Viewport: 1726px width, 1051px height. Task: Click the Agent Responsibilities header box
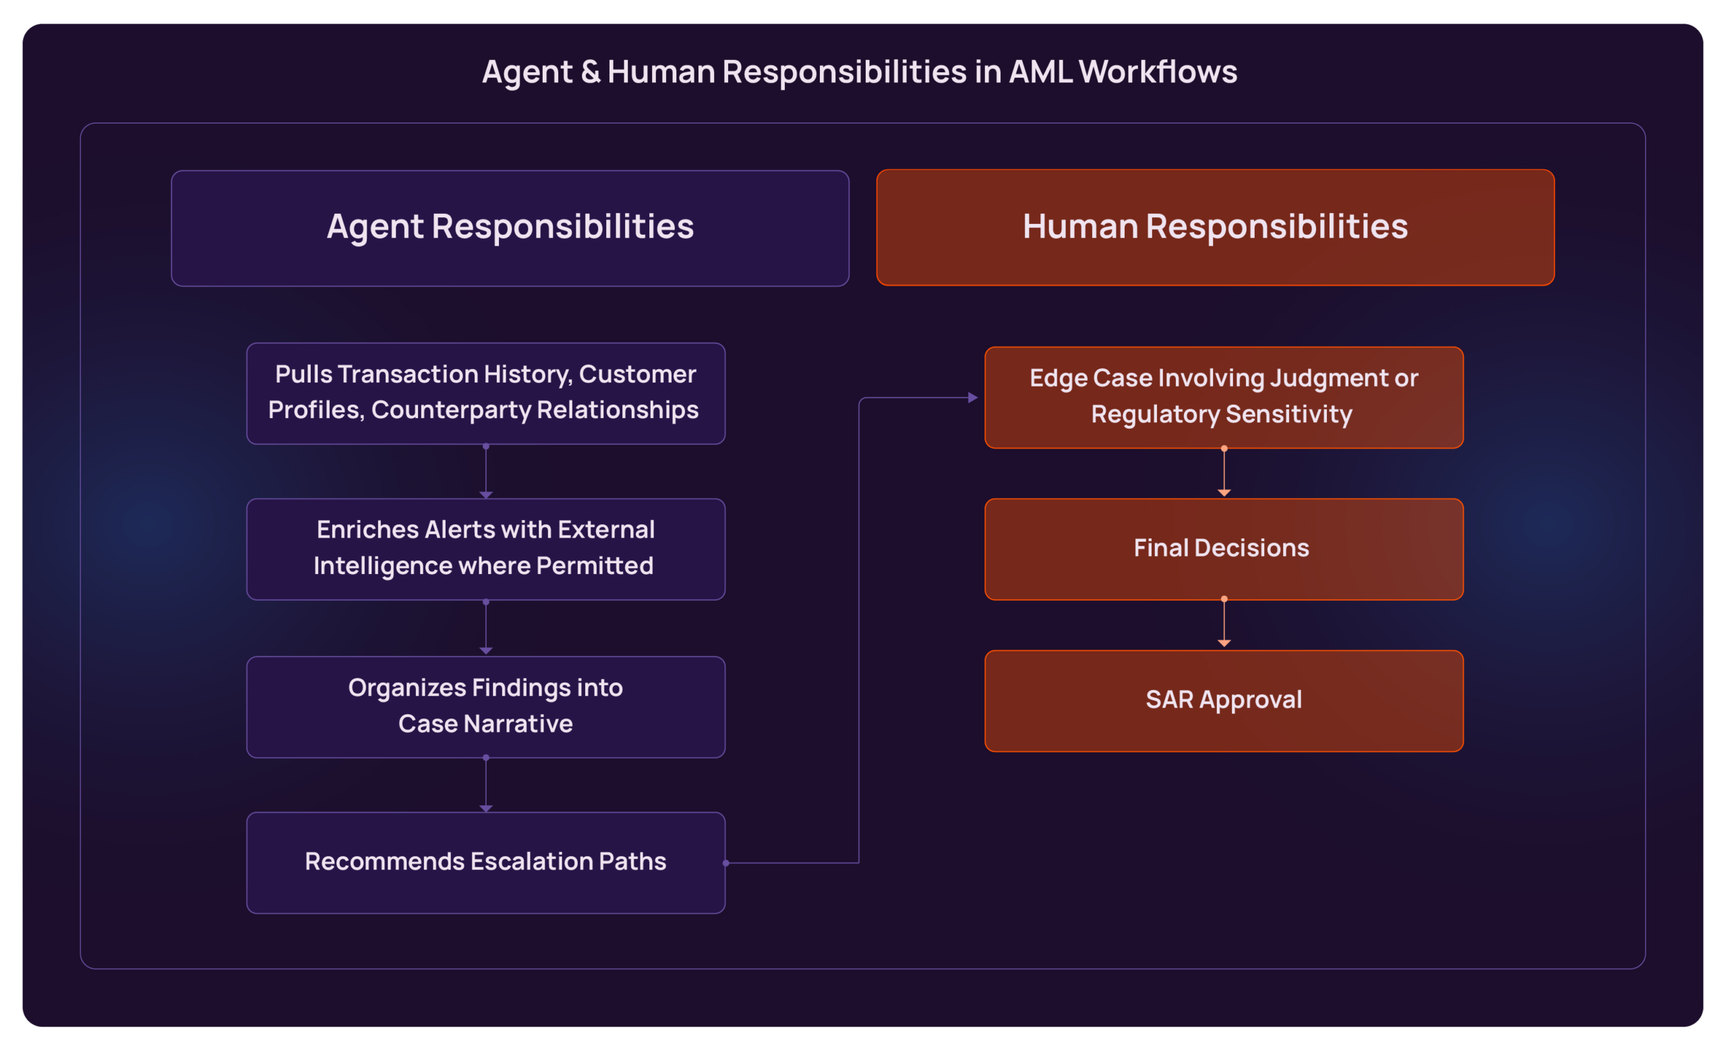[x=510, y=228]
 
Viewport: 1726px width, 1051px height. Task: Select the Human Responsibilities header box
[x=1216, y=228]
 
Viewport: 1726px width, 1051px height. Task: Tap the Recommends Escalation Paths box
[x=485, y=863]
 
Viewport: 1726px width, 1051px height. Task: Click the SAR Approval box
[x=1224, y=701]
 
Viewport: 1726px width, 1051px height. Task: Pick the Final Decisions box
[x=1224, y=548]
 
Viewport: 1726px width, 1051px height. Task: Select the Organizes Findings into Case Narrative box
[x=485, y=706]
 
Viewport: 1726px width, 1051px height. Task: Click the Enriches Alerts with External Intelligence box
[x=485, y=548]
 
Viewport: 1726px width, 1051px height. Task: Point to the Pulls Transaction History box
[x=485, y=393]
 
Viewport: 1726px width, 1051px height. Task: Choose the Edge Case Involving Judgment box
[x=1224, y=397]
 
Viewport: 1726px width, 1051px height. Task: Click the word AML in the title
[x=1040, y=72]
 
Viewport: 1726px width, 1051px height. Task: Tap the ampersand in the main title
[x=591, y=72]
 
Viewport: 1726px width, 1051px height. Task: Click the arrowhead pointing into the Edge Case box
[x=973, y=397]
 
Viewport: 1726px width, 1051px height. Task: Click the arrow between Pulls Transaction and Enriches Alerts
[x=485, y=472]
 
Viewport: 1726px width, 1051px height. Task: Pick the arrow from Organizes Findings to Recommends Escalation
[x=485, y=785]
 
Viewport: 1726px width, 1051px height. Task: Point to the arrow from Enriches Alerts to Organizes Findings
[x=485, y=627]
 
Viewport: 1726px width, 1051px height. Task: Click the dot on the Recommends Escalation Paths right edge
[x=726, y=863]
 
